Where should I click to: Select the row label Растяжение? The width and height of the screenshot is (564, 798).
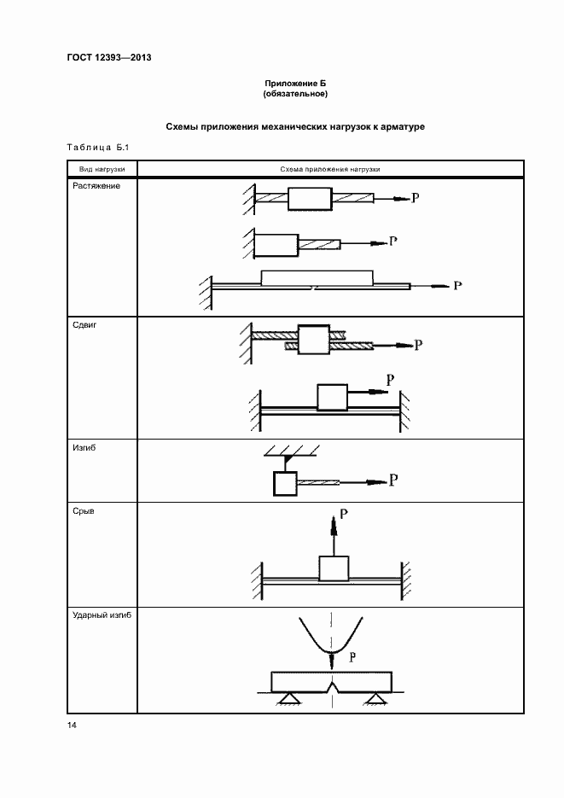pos(95,186)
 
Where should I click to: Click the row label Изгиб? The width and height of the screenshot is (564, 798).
pos(84,446)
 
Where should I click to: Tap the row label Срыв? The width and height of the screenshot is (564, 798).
pos(84,512)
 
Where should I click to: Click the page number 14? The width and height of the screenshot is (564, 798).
pos(72,725)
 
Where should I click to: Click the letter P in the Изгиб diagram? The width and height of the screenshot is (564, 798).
pos(393,480)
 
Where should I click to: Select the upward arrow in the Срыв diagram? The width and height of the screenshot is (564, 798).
pos(334,536)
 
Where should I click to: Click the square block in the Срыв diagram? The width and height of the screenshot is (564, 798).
pos(334,568)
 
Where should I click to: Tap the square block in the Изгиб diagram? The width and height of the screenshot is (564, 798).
pos(283,484)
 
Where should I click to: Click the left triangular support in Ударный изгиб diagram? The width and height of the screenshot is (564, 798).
pos(287,699)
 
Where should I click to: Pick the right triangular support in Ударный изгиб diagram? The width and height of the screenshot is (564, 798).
pos(373,699)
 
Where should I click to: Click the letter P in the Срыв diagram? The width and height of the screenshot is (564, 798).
pos(344,515)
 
